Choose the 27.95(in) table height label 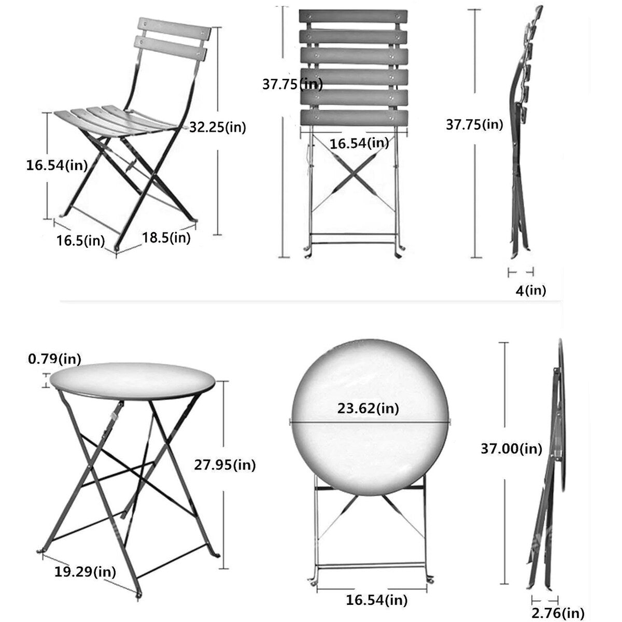(x=225, y=465)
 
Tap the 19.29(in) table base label (x=85, y=557)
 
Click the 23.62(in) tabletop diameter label (x=368, y=408)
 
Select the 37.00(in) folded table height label (x=512, y=448)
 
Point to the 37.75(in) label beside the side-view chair (x=474, y=124)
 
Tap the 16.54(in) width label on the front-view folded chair (x=359, y=143)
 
